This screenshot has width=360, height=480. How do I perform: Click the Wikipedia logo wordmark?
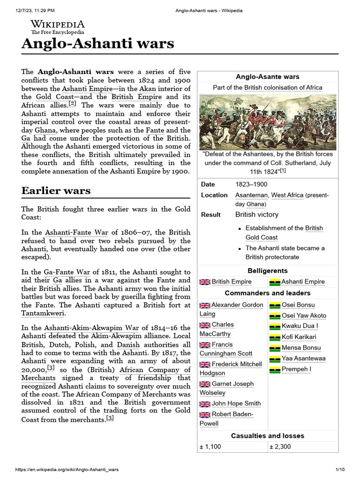pos(58,24)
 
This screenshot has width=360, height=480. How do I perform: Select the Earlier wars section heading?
pos(56,190)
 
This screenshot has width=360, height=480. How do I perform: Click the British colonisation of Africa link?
pos(283,87)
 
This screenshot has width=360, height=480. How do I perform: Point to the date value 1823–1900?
pos(251,184)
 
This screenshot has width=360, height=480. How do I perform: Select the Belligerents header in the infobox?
pos(268,270)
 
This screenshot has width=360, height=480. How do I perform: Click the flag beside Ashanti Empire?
pos(275,282)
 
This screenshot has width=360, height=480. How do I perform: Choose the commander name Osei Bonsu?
pos(298,305)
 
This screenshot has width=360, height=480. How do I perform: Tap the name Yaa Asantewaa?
pos(303,358)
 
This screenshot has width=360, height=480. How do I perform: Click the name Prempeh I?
pos(296,369)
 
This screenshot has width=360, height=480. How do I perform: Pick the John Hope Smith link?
pos(236,403)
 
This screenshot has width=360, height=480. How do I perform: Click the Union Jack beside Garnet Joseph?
pos(205,384)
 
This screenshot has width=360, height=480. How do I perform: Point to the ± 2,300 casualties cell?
pos(280,446)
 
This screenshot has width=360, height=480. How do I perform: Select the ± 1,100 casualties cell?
pos(210,446)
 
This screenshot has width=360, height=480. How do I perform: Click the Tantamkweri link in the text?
pos(43,313)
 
